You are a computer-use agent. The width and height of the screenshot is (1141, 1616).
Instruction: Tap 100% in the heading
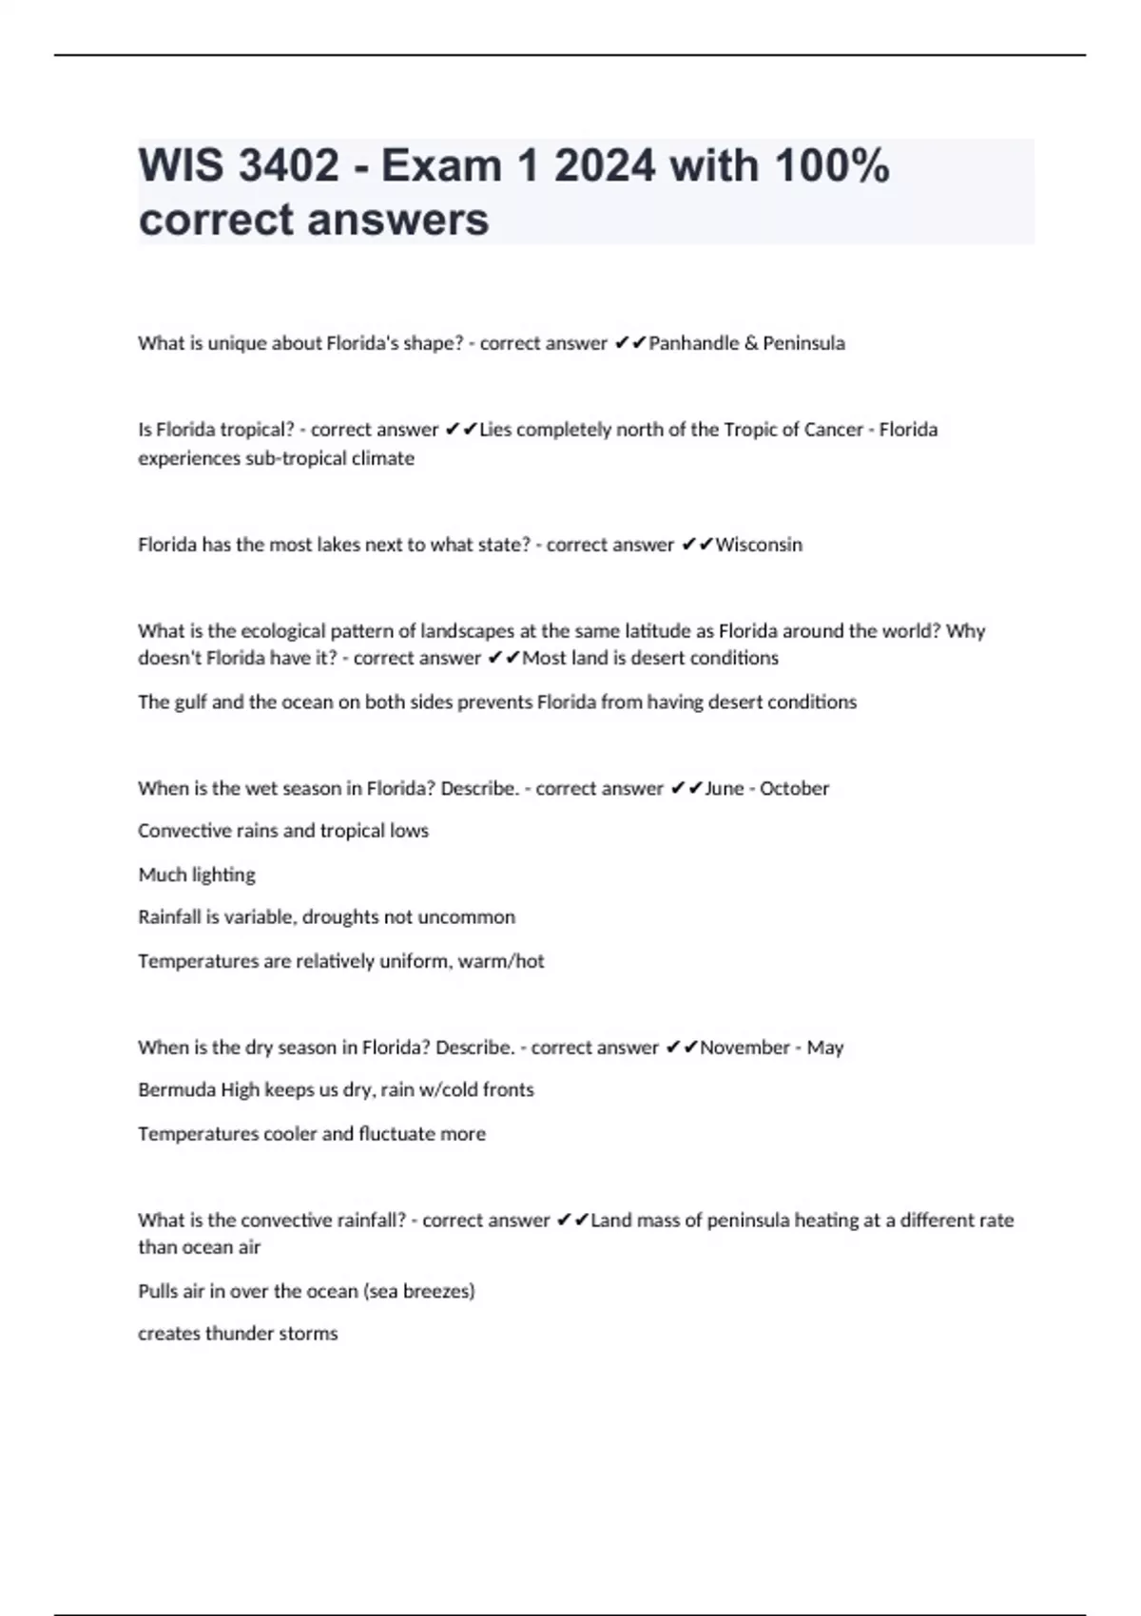[832, 165]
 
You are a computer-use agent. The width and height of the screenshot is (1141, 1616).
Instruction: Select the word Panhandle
[692, 343]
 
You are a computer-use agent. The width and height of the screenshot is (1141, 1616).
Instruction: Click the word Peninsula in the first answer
[803, 343]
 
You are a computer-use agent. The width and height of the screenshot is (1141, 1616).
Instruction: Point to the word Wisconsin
[759, 545]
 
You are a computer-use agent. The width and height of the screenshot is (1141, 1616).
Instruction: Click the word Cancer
[833, 430]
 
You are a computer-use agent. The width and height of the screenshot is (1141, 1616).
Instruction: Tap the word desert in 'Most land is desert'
[658, 658]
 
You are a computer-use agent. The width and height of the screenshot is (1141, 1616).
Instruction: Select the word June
[725, 788]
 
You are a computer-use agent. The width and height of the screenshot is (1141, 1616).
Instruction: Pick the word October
[794, 788]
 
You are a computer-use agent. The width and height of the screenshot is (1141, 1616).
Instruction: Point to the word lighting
[225, 875]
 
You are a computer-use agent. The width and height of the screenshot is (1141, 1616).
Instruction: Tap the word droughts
[340, 917]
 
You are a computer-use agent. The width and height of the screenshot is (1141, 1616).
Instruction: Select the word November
[745, 1048]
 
